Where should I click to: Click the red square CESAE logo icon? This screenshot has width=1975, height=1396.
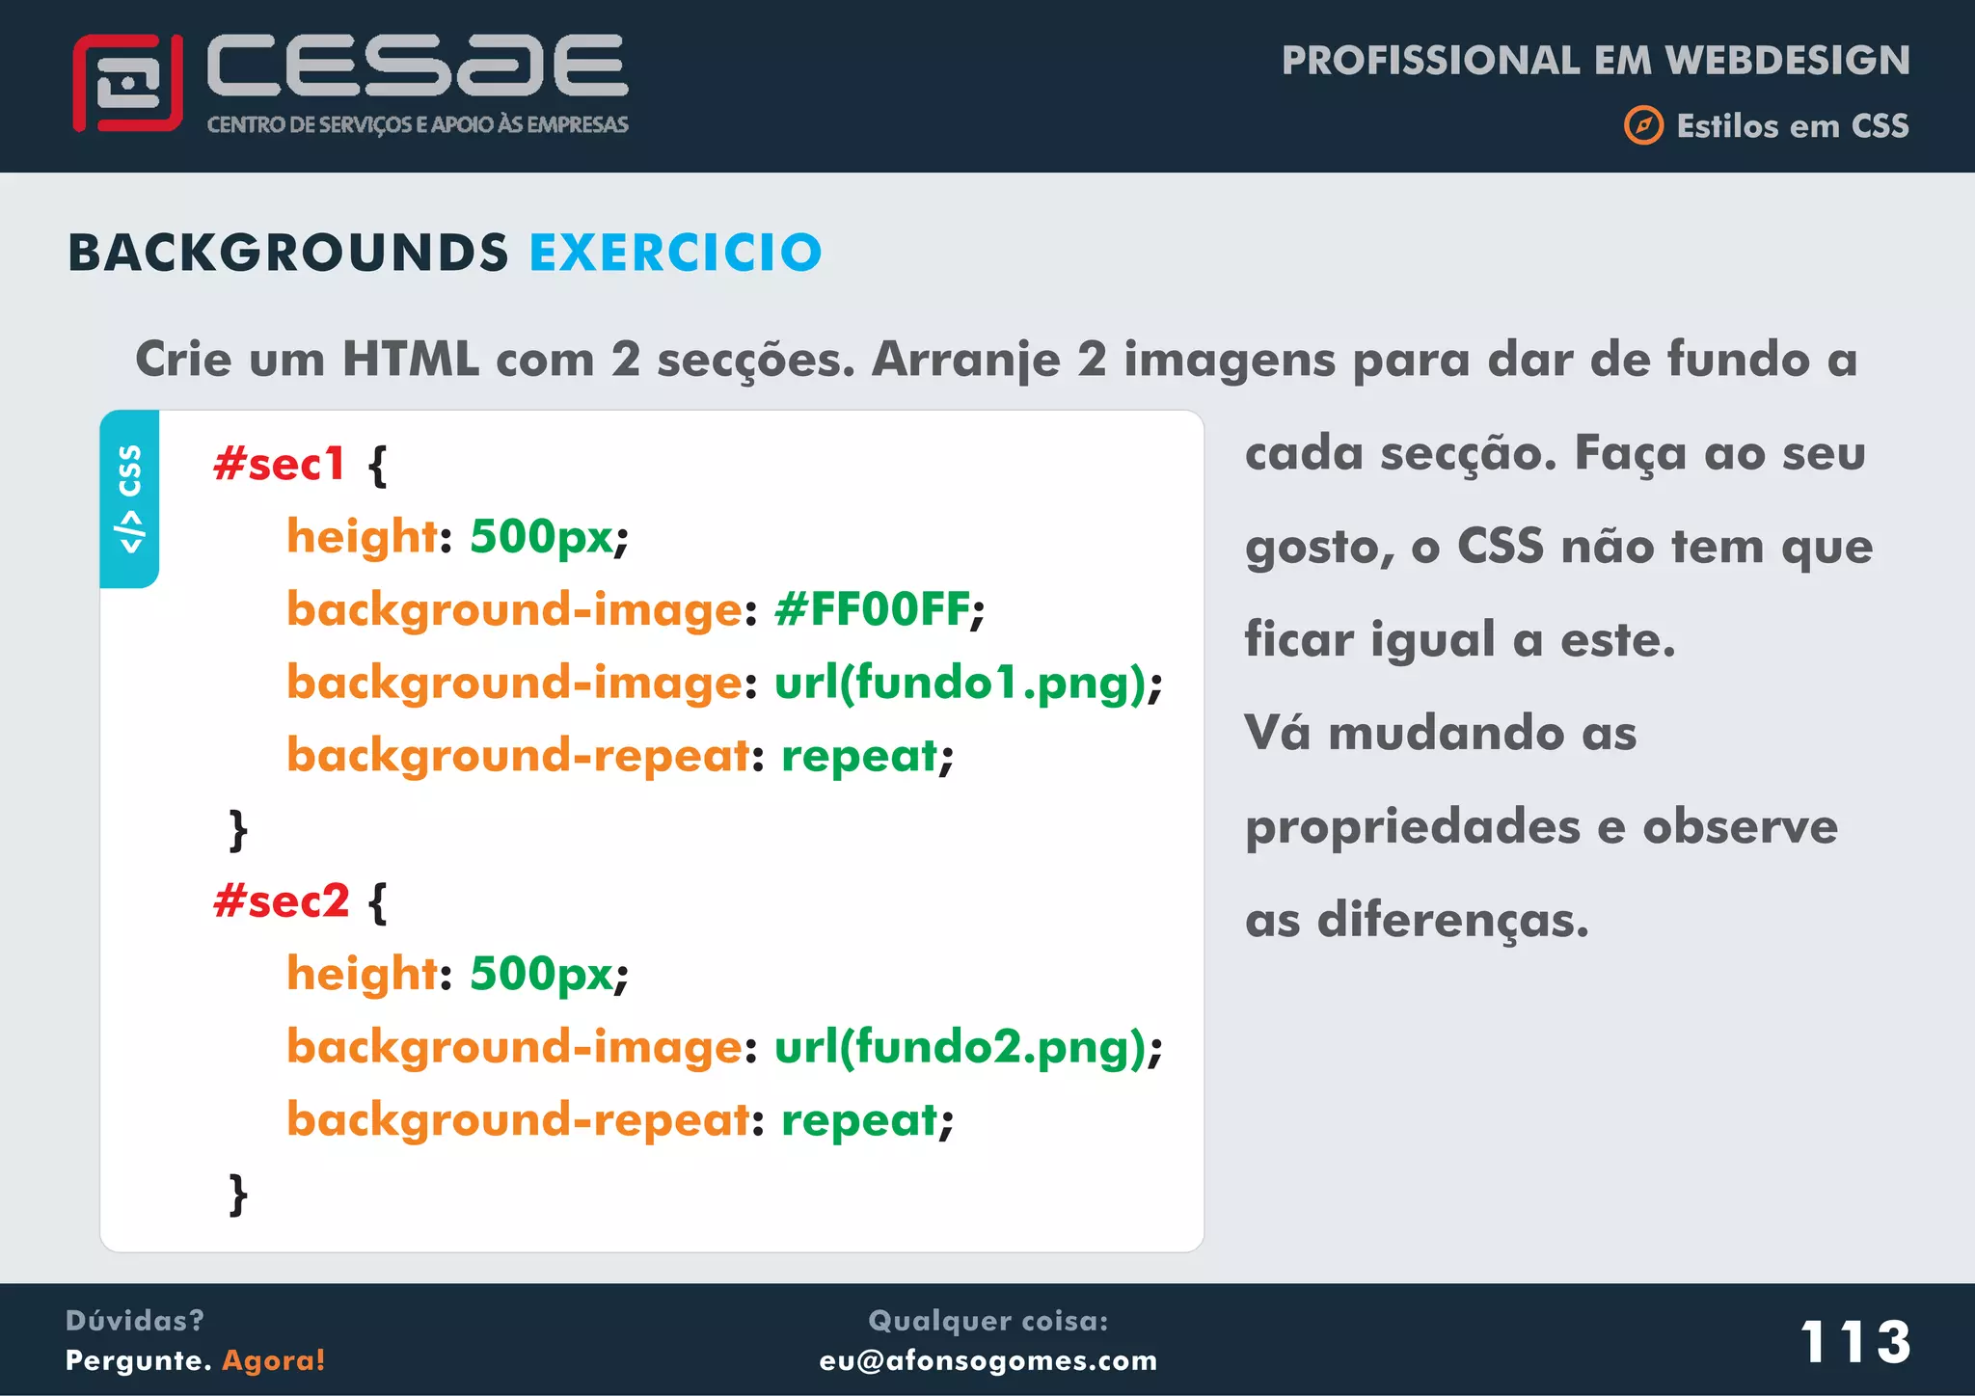pyautogui.click(x=127, y=83)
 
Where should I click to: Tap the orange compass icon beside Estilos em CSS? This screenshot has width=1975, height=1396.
pyautogui.click(x=1643, y=125)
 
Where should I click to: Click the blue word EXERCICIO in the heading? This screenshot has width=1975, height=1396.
pyautogui.click(x=675, y=253)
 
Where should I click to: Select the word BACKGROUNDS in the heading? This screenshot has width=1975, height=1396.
pyautogui.click(x=287, y=253)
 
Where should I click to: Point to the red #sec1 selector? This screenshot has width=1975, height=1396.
pyautogui.click(x=279, y=464)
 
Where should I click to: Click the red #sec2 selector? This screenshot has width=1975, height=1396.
pyautogui.click(x=281, y=901)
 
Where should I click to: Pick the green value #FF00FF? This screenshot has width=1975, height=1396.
pyautogui.click(x=872, y=609)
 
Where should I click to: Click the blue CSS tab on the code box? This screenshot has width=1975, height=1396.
pyautogui.click(x=129, y=498)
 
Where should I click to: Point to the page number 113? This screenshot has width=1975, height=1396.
pyautogui.click(x=1855, y=1341)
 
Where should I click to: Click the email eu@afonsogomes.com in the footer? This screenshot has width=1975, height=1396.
pyautogui.click(x=987, y=1360)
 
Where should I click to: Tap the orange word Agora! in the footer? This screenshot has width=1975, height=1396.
pyautogui.click(x=274, y=1360)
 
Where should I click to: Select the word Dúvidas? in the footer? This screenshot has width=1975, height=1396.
pyautogui.click(x=135, y=1320)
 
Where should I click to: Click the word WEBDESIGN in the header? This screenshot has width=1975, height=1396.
pyautogui.click(x=1787, y=60)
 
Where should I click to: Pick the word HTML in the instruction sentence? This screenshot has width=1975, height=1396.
pyautogui.click(x=411, y=360)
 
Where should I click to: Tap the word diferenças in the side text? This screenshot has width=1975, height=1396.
pyautogui.click(x=1452, y=920)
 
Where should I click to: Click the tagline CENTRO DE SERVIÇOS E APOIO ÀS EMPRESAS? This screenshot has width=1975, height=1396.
pyautogui.click(x=418, y=124)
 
